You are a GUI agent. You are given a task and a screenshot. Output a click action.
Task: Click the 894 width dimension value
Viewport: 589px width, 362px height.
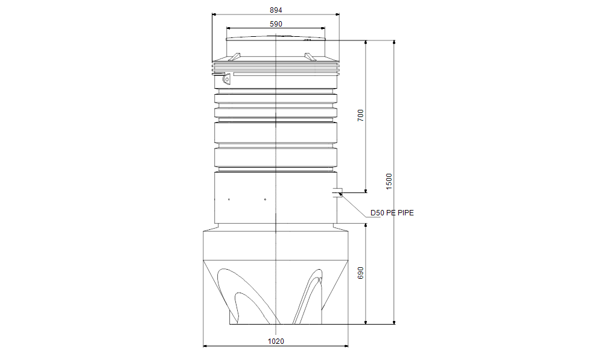pyautogui.click(x=275, y=10)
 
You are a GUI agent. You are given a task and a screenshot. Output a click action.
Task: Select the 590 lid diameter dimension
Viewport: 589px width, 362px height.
pyautogui.click(x=276, y=24)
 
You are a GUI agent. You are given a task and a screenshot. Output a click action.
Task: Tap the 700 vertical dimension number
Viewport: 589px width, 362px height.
pyautogui.click(x=360, y=116)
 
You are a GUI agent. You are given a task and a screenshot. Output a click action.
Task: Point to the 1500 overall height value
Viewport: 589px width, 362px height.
pyautogui.click(x=389, y=181)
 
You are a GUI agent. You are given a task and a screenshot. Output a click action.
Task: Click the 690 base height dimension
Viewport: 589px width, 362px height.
pyautogui.click(x=360, y=273)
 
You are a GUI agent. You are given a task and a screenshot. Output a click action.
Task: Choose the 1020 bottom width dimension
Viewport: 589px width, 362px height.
pyautogui.click(x=275, y=341)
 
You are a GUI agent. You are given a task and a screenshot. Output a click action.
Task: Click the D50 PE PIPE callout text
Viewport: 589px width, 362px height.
pyautogui.click(x=392, y=213)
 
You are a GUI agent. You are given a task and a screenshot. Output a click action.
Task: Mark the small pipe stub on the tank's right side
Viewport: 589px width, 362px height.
pyautogui.click(x=337, y=192)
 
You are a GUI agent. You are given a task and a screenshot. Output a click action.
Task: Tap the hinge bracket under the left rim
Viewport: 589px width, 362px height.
pyautogui.click(x=227, y=78)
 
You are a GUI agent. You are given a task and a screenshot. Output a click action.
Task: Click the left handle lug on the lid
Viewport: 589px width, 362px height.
pyautogui.click(x=235, y=57)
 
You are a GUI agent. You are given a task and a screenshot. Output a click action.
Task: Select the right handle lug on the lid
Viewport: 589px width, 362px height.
pyautogui.click(x=310, y=57)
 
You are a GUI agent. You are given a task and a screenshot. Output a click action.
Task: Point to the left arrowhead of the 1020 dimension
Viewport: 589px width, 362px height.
pyautogui.click(x=205, y=346)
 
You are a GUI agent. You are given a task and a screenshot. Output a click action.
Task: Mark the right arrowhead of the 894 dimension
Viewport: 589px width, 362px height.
pyautogui.click(x=337, y=15)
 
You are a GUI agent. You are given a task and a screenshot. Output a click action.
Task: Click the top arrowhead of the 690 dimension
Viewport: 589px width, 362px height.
pyautogui.click(x=366, y=226)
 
